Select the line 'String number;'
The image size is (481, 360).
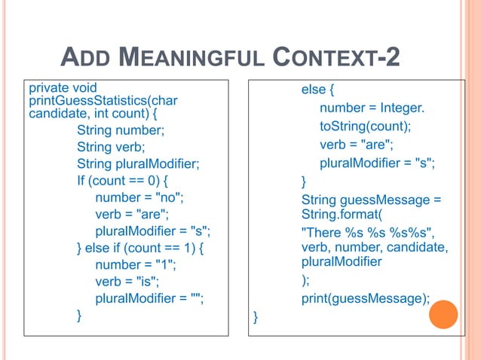click(x=120, y=130)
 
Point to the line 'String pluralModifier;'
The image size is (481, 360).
click(x=139, y=164)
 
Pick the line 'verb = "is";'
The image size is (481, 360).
click(x=127, y=282)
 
